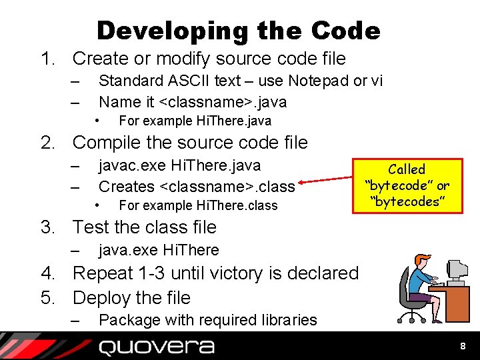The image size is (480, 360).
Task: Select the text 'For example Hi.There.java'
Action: [195, 121]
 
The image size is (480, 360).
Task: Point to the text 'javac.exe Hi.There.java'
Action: [179, 165]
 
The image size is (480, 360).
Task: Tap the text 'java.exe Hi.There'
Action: [159, 250]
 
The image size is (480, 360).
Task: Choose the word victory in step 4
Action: [258, 273]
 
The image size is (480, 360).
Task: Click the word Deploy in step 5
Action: [102, 297]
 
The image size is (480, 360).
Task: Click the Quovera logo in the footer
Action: [157, 347]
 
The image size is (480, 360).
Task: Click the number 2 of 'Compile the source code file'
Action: [47, 143]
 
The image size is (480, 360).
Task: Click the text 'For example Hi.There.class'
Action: [197, 205]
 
